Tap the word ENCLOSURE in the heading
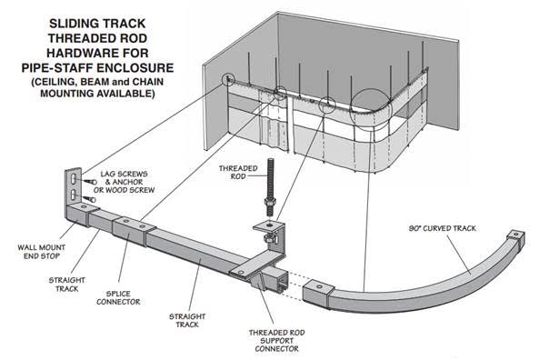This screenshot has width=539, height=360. tap(135, 68)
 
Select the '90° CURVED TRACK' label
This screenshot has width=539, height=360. tap(442, 228)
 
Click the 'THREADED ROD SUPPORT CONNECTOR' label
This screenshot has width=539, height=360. tap(276, 341)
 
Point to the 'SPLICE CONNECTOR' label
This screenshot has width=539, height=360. tap(118, 298)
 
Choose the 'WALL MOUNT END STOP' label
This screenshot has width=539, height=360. tap(41, 252)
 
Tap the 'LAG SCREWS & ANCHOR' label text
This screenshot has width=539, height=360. tap(124, 178)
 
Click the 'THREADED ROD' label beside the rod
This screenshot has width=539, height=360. tap(238, 172)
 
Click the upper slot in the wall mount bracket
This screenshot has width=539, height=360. tap(74, 179)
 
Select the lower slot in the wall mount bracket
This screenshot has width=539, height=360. tap(74, 195)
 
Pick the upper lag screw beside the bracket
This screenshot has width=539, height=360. tap(90, 181)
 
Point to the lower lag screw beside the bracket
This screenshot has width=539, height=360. tap(89, 198)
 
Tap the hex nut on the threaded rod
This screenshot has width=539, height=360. tap(270, 202)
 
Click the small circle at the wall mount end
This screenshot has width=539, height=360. tap(227, 80)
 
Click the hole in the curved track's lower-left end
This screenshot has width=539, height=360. tap(319, 286)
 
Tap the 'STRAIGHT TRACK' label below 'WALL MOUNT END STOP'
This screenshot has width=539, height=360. tap(66, 285)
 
